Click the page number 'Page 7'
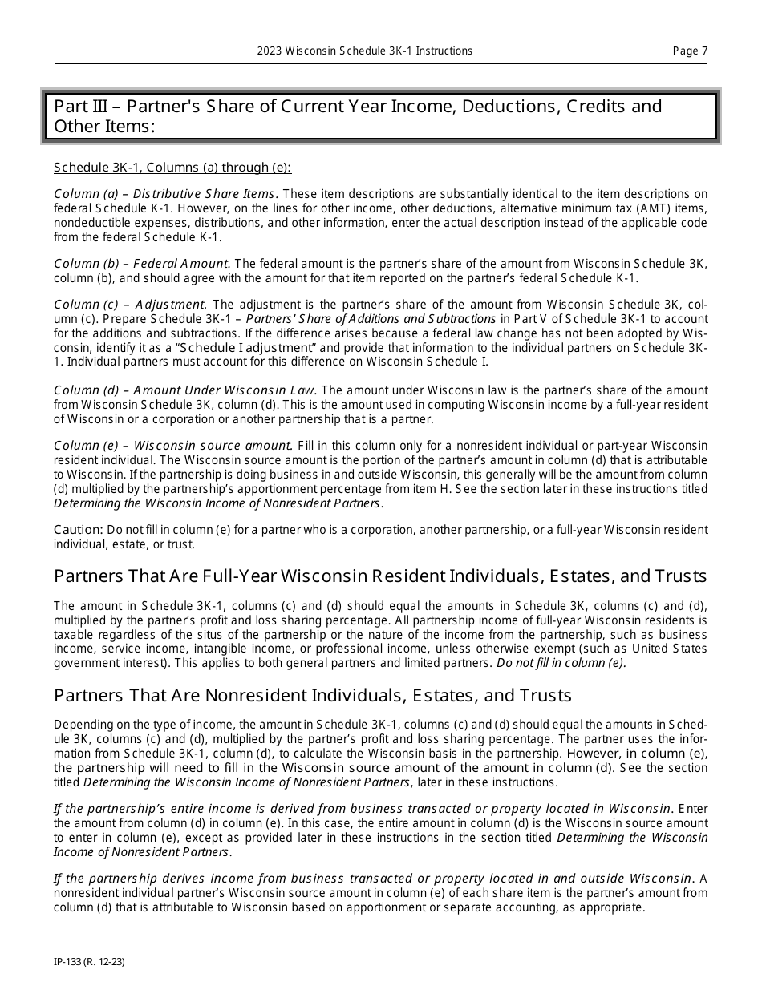[690, 51]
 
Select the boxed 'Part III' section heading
[380, 116]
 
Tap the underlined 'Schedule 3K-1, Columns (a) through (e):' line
[172, 168]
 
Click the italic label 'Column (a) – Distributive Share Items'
[164, 194]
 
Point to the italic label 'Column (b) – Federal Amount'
[141, 263]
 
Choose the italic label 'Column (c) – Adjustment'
[130, 304]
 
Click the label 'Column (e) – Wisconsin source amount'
[172, 446]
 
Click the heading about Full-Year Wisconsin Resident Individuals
[380, 576]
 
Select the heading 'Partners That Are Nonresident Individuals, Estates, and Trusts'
[313, 695]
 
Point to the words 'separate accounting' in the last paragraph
[523, 908]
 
